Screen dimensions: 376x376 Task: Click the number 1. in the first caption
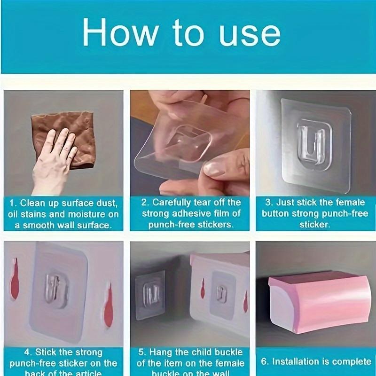point(14,203)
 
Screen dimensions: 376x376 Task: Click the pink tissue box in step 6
point(315,301)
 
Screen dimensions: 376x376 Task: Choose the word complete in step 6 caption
point(352,361)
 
